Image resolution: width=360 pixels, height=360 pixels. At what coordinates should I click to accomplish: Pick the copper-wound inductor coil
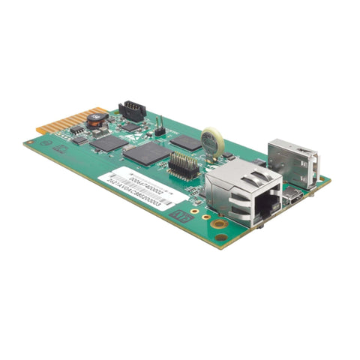pos(94,118)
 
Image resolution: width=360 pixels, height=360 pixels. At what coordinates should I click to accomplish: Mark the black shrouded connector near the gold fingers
pos(132,111)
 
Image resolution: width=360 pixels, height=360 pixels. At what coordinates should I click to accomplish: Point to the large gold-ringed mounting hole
pos(219,223)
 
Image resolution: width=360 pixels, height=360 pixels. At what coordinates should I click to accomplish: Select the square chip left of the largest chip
pos(109,142)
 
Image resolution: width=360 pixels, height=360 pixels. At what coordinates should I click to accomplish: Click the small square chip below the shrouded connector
pos(130,127)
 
